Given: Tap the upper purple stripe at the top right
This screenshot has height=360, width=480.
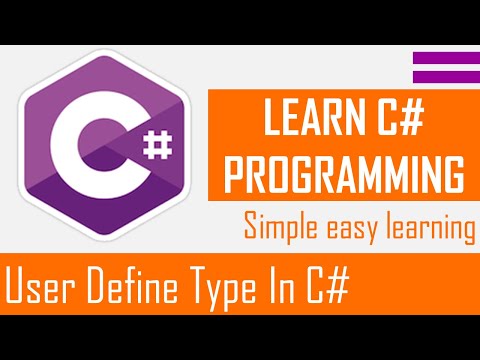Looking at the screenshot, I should pos(445,59).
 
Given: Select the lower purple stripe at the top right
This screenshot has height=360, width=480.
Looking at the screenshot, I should pos(445,77).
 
